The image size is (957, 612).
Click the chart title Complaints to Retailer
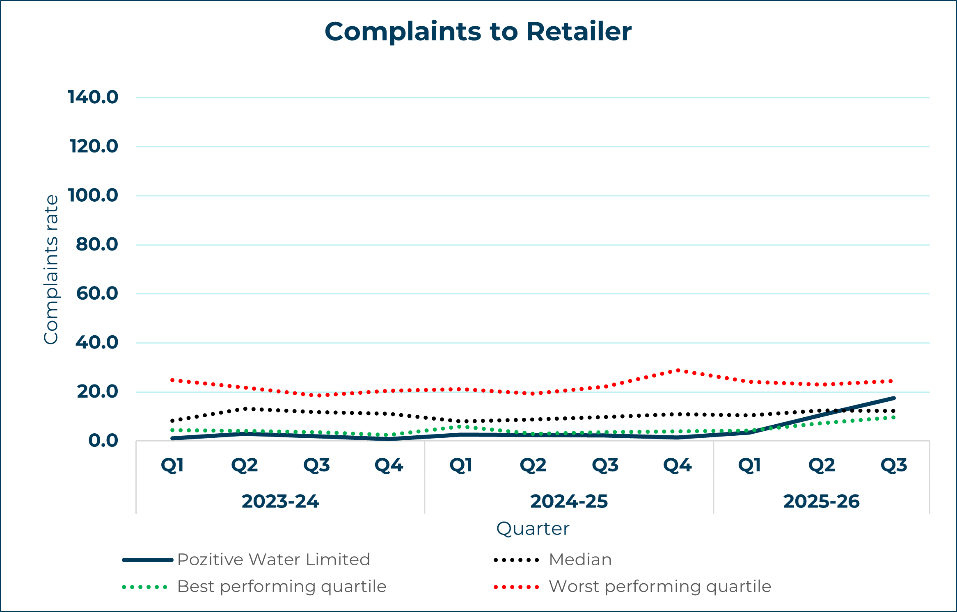(478, 32)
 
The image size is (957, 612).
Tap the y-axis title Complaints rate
(51, 269)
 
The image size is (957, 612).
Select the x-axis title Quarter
(533, 529)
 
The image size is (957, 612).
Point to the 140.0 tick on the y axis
(93, 98)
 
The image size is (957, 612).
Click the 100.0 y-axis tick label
(93, 196)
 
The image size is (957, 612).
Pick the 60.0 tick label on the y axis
(97, 293)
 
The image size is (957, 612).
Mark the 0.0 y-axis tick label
(103, 441)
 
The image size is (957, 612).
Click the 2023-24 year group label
(280, 501)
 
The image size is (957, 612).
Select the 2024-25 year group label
(569, 501)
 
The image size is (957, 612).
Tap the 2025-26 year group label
(821, 501)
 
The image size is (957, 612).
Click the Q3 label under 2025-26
(894, 465)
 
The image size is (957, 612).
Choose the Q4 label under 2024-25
(678, 465)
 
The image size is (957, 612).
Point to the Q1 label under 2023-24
(172, 465)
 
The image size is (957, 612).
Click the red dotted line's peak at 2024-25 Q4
(678, 371)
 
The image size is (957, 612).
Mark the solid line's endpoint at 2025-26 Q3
(894, 398)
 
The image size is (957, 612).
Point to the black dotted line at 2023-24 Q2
(245, 409)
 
